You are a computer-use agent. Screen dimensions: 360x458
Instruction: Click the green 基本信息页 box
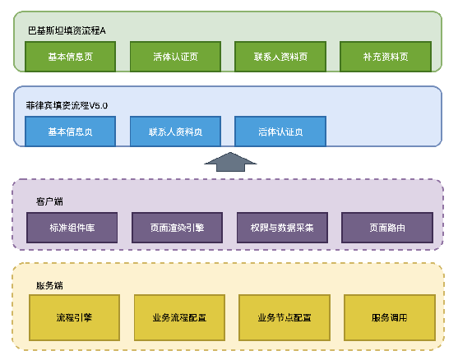(71, 57)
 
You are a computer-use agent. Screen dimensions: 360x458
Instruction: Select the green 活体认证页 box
(175, 57)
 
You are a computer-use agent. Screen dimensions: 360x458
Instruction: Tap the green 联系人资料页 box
(280, 57)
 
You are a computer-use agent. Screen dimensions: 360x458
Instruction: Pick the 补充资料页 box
(386, 57)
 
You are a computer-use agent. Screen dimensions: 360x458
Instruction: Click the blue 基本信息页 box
(71, 132)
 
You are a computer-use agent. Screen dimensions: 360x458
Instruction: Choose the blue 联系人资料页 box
(175, 132)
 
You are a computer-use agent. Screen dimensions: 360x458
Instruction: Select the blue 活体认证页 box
(280, 132)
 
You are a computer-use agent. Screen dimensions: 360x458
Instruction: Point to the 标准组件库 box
(72, 227)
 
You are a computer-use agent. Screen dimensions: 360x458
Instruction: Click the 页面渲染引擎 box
(177, 227)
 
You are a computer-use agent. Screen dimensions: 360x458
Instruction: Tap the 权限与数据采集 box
(281, 227)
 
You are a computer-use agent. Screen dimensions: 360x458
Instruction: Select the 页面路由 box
(386, 227)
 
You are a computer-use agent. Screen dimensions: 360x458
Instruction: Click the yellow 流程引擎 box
(75, 317)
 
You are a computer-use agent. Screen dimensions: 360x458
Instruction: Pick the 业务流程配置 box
(179, 317)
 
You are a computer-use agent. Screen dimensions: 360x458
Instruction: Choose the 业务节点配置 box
(285, 317)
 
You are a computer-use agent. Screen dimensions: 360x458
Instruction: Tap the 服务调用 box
(389, 317)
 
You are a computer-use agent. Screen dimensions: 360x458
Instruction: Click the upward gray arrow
(229, 162)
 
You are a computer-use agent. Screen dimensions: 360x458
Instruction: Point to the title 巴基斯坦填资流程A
(67, 30)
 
